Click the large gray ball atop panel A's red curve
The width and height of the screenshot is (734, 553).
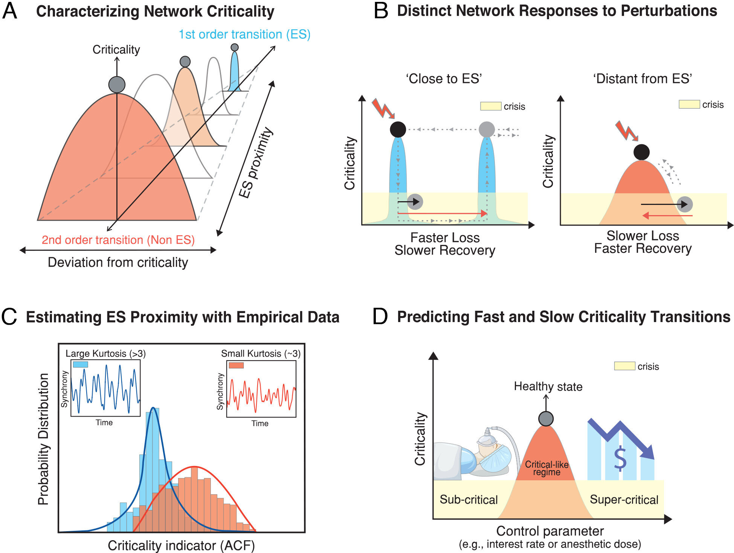click(117, 85)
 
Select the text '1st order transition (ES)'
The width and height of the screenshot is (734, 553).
click(244, 34)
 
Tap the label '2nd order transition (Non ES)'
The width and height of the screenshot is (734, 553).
click(118, 240)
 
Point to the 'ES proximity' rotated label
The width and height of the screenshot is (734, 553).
click(256, 163)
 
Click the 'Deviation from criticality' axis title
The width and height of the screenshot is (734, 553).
click(118, 262)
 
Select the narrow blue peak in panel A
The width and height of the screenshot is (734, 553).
click(235, 73)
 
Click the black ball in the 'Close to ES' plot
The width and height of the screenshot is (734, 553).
click(398, 129)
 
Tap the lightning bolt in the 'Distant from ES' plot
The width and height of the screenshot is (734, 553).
click(626, 131)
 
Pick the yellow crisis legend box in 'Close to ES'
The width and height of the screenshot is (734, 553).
click(490, 106)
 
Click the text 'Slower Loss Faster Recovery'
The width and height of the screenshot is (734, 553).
click(643, 242)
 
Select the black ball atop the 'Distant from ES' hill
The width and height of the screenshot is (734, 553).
click(641, 152)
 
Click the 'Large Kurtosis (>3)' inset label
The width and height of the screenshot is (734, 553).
click(105, 353)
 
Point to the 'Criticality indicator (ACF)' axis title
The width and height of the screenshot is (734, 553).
click(181, 545)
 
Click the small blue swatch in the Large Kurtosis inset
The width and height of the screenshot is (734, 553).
click(80, 364)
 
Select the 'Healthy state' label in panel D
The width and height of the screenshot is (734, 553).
click(548, 386)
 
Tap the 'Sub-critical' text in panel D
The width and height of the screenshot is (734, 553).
click(468, 500)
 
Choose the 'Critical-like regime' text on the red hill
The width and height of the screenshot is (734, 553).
click(546, 468)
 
